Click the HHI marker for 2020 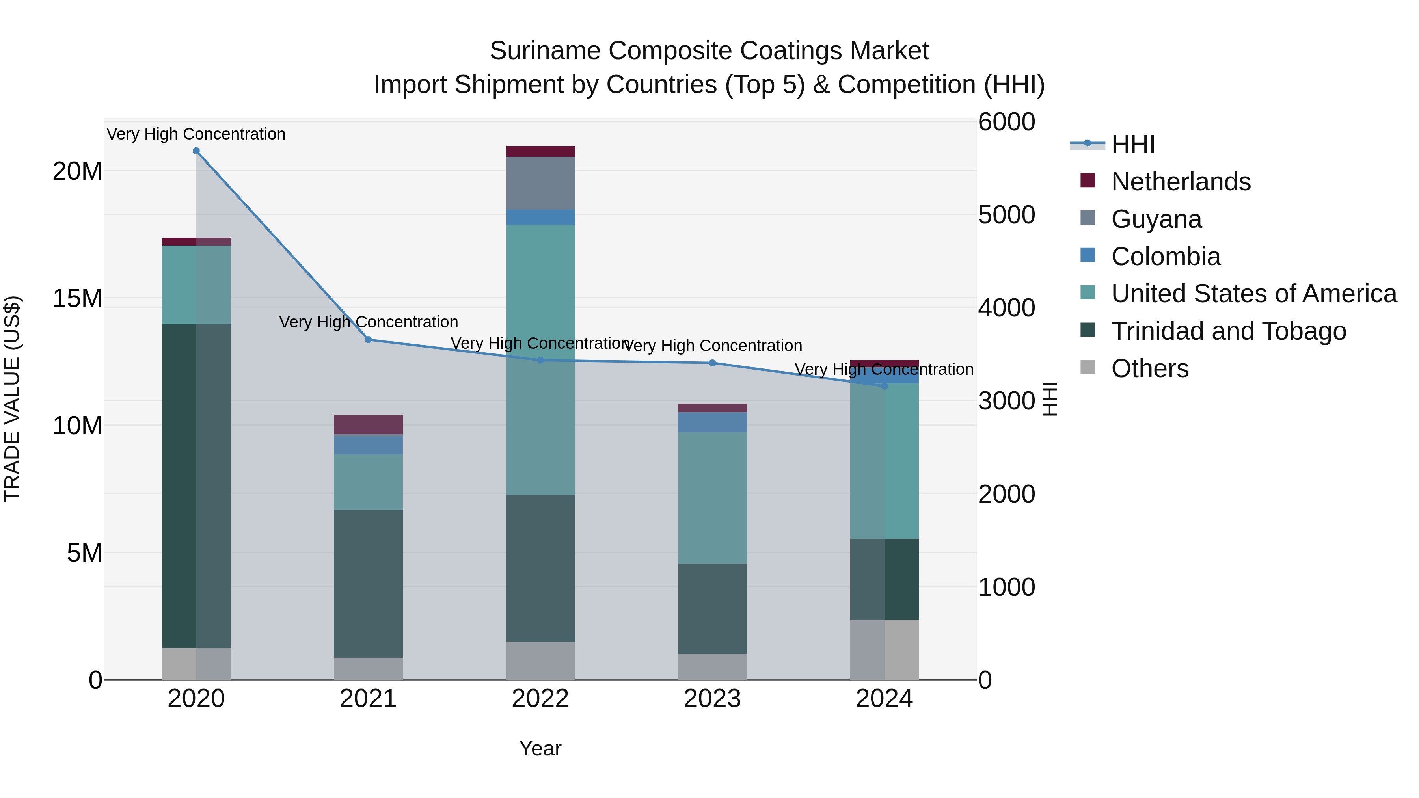196,151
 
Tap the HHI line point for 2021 369,340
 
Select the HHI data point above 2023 712,363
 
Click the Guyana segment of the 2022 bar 540,183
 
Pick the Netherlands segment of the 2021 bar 369,424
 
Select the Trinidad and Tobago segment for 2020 196,486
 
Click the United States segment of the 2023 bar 712,497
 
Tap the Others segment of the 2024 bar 884,649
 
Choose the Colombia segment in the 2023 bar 712,422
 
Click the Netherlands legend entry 1181,182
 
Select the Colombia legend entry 1166,257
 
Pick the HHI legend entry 1132,144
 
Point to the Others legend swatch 1088,367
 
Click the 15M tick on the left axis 77,298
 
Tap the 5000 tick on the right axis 1006,215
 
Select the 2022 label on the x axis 540,699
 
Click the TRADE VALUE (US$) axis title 12,399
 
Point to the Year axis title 540,748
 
